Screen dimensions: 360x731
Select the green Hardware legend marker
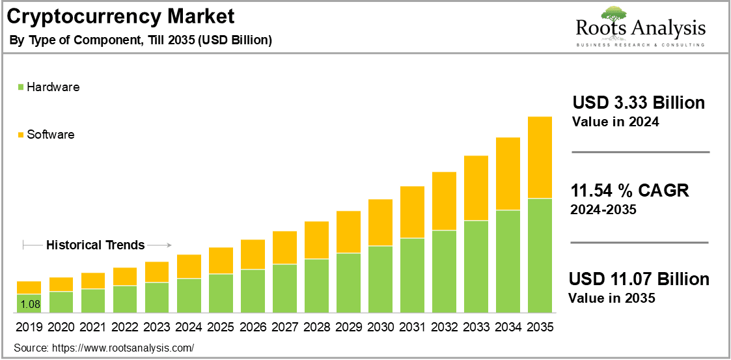[21, 87]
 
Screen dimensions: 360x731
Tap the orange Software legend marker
[21, 135]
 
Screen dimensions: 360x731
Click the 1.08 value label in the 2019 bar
[29, 304]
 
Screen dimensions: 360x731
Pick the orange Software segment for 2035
[540, 158]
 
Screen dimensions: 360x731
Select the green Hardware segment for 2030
[380, 279]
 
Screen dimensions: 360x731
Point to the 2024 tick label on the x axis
[189, 327]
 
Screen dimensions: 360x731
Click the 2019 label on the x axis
[29, 327]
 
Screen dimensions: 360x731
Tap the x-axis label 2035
[540, 327]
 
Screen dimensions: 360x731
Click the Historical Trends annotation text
[95, 245]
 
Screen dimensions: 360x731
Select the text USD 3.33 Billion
[639, 103]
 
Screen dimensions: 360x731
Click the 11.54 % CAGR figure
[629, 191]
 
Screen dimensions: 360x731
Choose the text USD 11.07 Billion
[639, 279]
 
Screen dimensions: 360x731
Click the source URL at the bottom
[123, 348]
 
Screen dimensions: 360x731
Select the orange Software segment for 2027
[284, 247]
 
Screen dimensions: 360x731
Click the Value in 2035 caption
[611, 298]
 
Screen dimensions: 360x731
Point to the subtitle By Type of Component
[141, 40]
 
